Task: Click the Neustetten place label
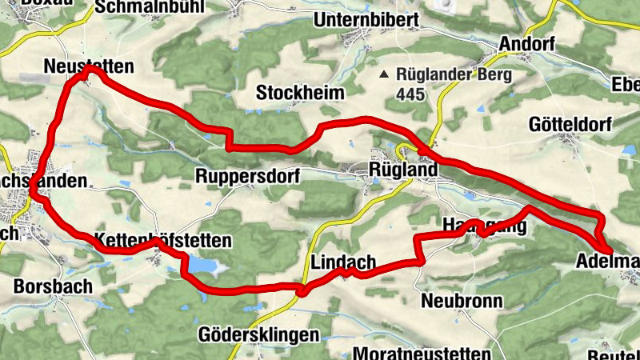(x=90, y=66)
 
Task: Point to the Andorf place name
(x=526, y=44)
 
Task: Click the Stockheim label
(x=300, y=93)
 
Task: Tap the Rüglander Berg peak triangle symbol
(x=385, y=74)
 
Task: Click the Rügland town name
(x=403, y=170)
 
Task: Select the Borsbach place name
(x=53, y=285)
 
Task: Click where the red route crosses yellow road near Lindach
(x=302, y=289)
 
